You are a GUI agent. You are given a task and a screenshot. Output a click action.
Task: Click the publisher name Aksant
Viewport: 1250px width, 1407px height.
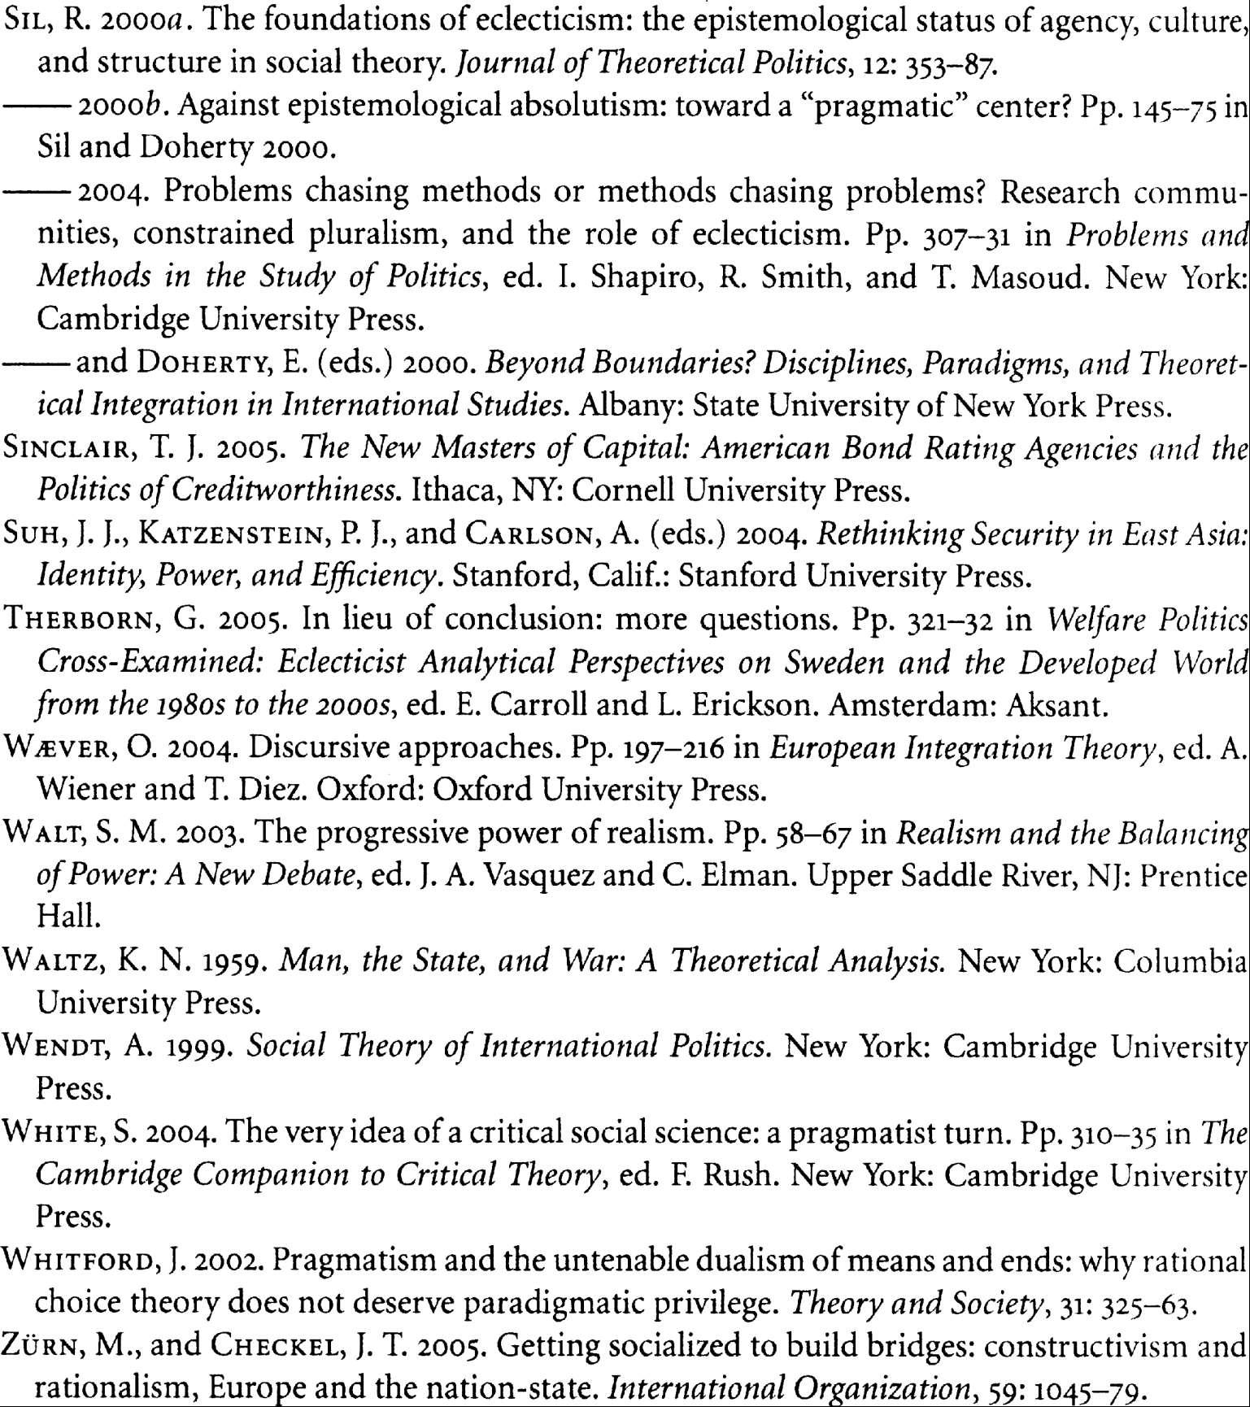(1056, 705)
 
